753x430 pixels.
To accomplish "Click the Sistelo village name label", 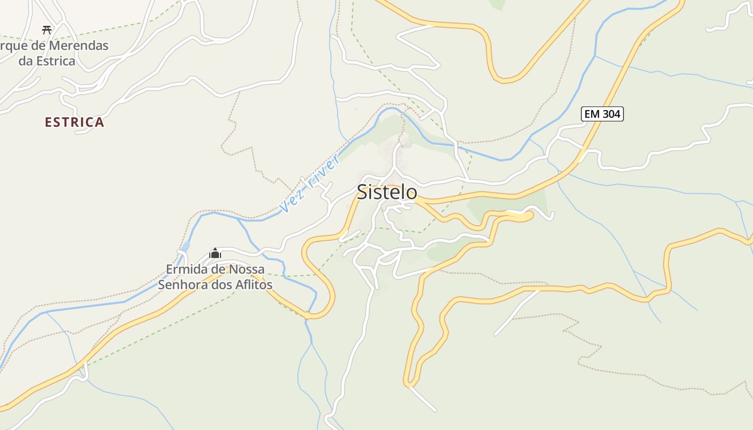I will tap(387, 192).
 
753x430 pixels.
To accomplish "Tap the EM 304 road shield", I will tap(602, 114).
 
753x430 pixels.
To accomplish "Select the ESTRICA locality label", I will tap(74, 123).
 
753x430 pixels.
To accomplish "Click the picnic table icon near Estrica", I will tap(47, 30).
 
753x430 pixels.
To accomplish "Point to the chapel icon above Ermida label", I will tap(215, 253).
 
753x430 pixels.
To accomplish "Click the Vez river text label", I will tap(310, 183).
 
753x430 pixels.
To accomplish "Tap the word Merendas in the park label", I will tap(79, 46).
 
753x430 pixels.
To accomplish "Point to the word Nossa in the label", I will tap(246, 269).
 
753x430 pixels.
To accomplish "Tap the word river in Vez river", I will tap(322, 170).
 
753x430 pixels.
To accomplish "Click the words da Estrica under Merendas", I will tap(47, 61).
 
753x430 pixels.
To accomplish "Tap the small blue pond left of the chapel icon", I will tap(186, 247).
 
